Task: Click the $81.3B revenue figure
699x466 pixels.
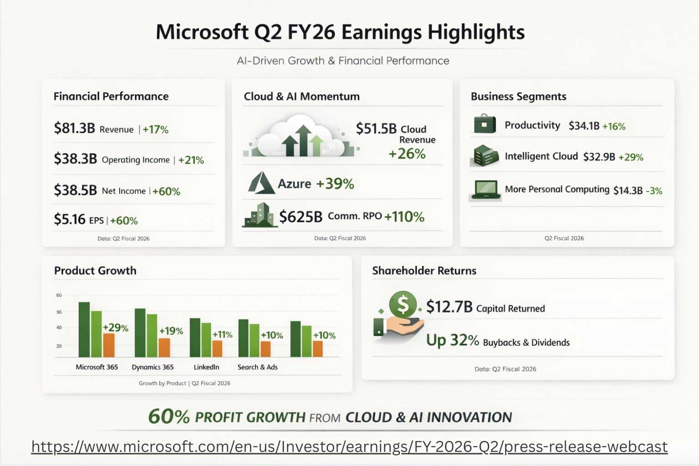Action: (x=74, y=128)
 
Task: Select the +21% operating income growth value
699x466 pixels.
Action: (x=191, y=160)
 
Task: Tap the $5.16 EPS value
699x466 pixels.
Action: (x=70, y=219)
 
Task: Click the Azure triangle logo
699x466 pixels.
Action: (x=261, y=183)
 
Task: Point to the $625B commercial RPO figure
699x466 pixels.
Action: (x=301, y=217)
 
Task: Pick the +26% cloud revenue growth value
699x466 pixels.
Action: (x=407, y=154)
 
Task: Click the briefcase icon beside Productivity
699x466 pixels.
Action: (x=485, y=124)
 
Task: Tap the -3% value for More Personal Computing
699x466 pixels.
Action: (x=654, y=191)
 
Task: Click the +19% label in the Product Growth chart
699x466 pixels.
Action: (x=171, y=331)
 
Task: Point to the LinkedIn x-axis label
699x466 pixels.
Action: (x=206, y=367)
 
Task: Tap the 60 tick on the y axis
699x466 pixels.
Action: (x=59, y=295)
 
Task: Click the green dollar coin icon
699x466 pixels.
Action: (x=403, y=304)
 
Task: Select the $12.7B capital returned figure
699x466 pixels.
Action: (x=449, y=307)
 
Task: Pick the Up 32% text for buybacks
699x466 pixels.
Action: (x=452, y=340)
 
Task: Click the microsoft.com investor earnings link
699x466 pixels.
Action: (x=349, y=446)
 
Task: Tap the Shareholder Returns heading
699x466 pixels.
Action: (x=424, y=271)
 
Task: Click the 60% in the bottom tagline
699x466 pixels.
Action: (x=169, y=416)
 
